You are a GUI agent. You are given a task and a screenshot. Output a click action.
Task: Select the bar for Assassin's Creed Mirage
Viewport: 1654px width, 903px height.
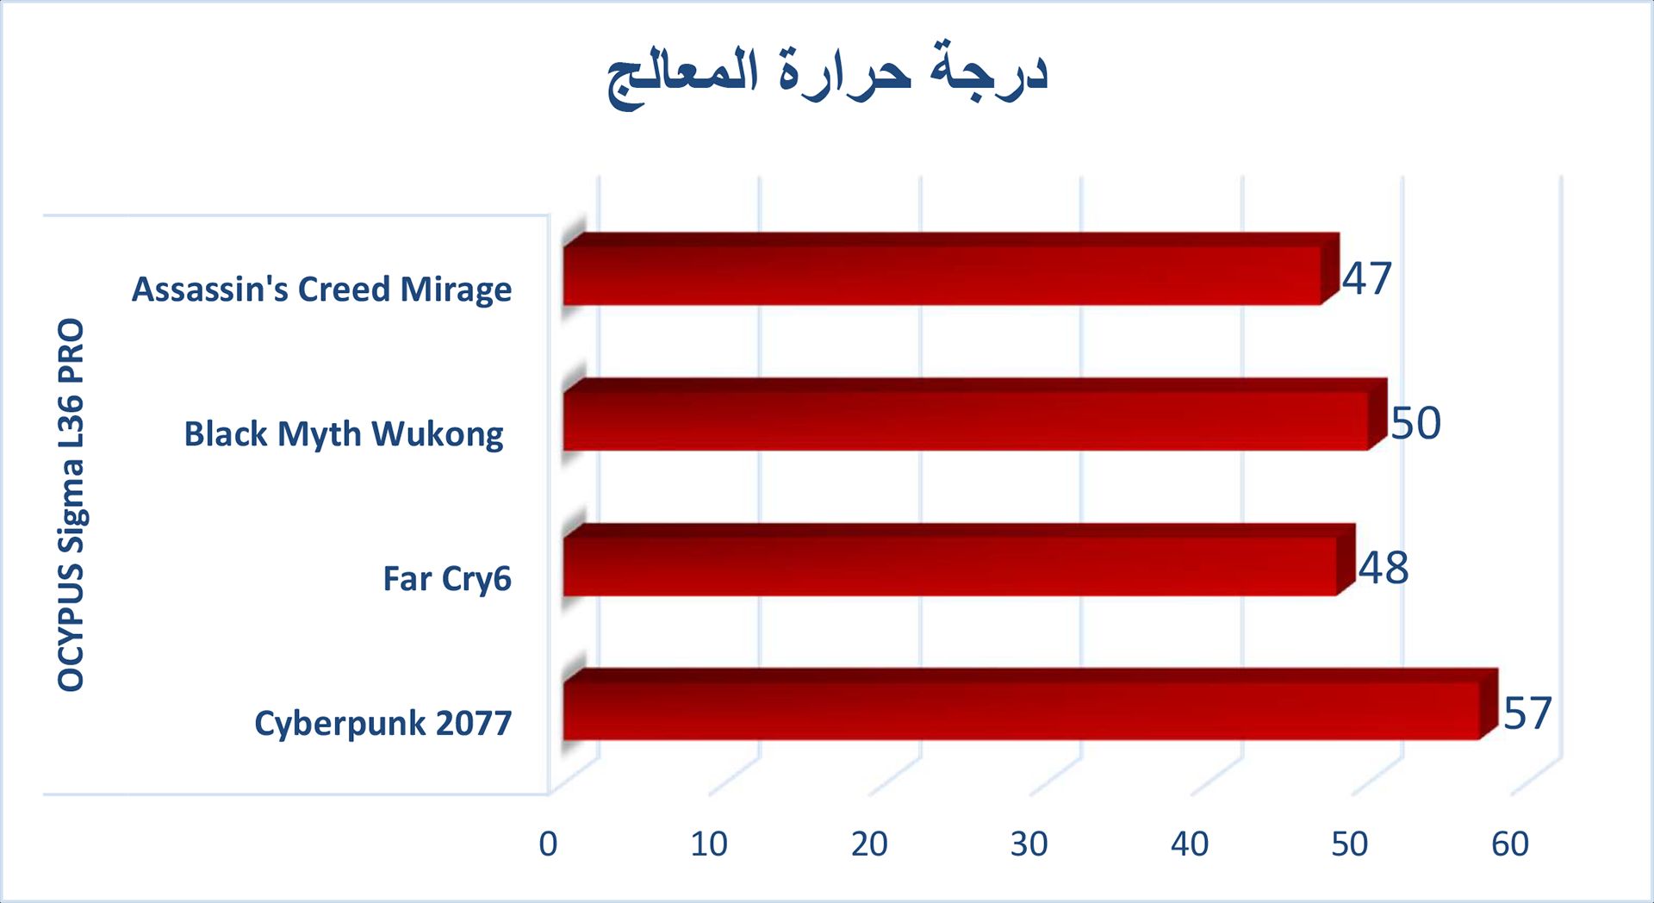[951, 269]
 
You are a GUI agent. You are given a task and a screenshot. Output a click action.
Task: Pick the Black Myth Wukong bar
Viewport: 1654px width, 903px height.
[975, 414]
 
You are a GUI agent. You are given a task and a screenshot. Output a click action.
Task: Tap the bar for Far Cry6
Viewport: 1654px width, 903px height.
[959, 560]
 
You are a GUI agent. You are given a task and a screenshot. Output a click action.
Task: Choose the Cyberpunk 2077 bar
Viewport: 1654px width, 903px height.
[1030, 705]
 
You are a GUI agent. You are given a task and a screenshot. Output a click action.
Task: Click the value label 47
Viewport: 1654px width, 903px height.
[1367, 278]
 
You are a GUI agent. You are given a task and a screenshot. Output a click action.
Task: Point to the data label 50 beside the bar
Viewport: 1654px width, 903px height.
[1416, 423]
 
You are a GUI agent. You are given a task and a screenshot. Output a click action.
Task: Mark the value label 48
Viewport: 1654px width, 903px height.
[1384, 568]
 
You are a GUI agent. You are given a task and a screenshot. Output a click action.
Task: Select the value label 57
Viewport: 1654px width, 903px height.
[1527, 713]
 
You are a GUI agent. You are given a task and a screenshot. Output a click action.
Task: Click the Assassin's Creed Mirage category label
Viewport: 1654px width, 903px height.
[321, 290]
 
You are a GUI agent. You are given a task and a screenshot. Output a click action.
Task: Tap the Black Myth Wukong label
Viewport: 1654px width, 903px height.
[344, 434]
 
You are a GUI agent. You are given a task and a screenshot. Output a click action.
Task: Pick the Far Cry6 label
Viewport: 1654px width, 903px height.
[447, 579]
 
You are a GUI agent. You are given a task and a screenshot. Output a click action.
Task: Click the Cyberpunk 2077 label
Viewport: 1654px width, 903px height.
[383, 723]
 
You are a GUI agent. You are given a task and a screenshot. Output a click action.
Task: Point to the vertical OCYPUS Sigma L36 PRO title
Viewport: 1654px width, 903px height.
[72, 505]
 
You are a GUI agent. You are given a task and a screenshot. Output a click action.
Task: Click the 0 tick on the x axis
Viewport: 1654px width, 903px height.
[548, 844]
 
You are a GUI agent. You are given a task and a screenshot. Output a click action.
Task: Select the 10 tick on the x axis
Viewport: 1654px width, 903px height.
[709, 844]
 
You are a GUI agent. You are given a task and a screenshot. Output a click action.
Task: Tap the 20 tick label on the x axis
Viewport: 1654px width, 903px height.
[869, 844]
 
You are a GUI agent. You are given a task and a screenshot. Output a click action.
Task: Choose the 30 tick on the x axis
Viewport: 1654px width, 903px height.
[1029, 844]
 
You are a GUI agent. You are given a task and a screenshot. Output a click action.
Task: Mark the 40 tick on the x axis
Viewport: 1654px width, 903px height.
[1190, 844]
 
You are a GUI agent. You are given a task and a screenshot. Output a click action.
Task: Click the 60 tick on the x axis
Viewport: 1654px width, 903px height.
[1510, 844]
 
